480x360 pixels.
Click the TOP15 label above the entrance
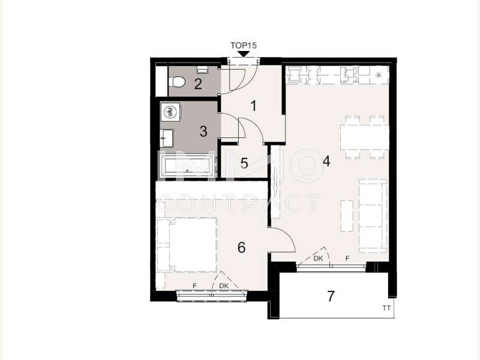tap(244, 46)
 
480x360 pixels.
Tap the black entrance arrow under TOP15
tap(244, 55)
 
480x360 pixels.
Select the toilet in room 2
tap(177, 82)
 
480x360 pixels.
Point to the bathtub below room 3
tap(187, 166)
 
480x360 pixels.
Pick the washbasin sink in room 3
tap(167, 138)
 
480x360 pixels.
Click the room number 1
tap(253, 106)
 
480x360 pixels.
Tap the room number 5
tap(244, 163)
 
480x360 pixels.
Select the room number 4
tap(326, 161)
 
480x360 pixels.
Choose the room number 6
tap(242, 247)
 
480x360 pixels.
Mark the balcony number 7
tap(331, 296)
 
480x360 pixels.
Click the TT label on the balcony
tap(386, 308)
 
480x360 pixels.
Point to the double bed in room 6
tap(187, 245)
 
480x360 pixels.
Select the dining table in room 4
tap(364, 137)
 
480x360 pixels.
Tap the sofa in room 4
tap(373, 216)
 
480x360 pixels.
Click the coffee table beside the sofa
tap(347, 216)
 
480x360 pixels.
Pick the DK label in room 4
tap(318, 259)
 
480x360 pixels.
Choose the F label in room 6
tap(194, 286)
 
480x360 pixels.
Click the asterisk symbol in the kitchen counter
tap(379, 75)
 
